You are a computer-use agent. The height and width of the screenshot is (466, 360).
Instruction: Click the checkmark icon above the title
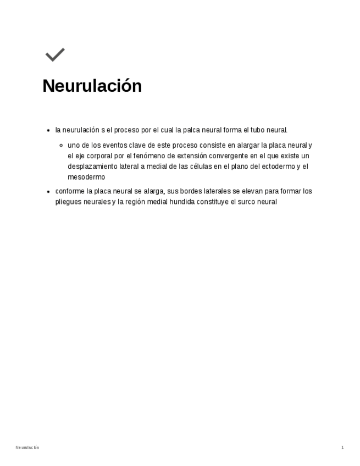[55, 54]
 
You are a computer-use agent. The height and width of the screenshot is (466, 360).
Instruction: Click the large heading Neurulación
[92, 86]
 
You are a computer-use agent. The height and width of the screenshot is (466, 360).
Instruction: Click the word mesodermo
[86, 177]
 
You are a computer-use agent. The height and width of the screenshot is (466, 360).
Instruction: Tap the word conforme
[70, 191]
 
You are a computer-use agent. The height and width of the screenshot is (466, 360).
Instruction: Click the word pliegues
[69, 202]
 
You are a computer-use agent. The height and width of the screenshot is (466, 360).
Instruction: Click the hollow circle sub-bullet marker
[62, 146]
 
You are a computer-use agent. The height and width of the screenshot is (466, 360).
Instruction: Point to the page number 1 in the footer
[342, 448]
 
